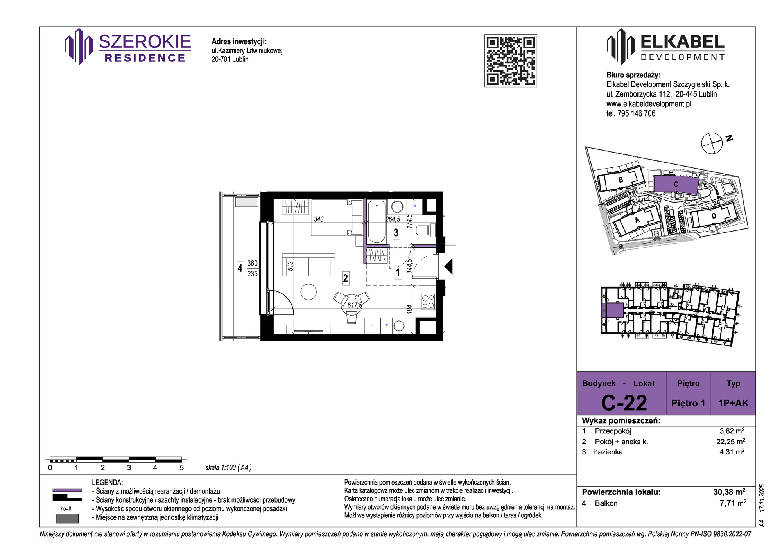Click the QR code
tap(511, 61)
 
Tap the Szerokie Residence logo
tap(128, 47)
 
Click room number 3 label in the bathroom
tap(396, 233)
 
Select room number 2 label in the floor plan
tap(345, 278)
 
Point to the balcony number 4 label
tap(240, 268)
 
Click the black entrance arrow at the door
tap(449, 266)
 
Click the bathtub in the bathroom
tap(377, 221)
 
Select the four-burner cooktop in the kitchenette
tap(428, 301)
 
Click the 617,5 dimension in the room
tap(355, 305)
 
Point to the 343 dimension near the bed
tap(319, 219)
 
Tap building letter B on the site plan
tap(621, 180)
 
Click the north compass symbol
tap(712, 143)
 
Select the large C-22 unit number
tap(624, 403)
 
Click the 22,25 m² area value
tap(730, 442)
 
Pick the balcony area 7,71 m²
tap(733, 503)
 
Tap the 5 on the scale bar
tap(181, 468)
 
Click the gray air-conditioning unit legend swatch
tap(67, 518)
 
